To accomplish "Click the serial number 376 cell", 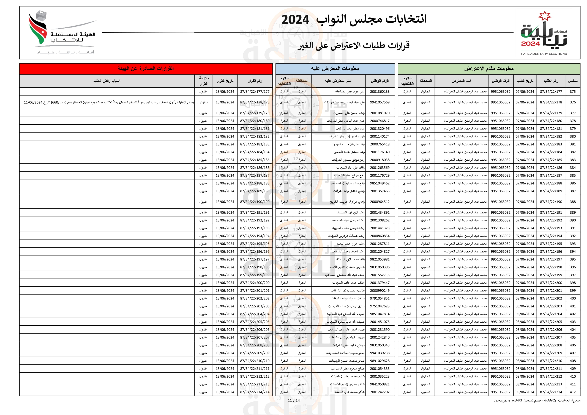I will pos(573,102).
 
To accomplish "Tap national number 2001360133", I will pos(380,92).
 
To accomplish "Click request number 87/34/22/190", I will pos(551,202).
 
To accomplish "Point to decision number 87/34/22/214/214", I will pos(255,392).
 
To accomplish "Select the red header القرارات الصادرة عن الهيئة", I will pos(146,68).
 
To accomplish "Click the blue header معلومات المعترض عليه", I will pos(335,68).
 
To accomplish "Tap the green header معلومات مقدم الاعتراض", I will pos(489,68).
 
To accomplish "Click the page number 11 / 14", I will pos(294,400).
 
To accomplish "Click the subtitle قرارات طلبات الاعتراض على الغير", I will pos(353,45).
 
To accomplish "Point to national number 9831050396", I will pos(380,267).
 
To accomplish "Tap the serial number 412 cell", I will pos(573,392).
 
